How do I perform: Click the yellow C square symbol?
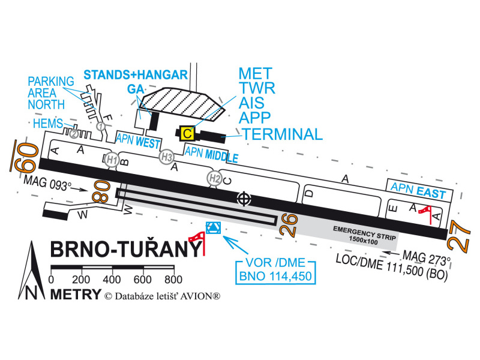(187, 133)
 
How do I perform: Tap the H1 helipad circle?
(112, 160)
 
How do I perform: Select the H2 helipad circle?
(215, 178)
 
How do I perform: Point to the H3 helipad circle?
(167, 157)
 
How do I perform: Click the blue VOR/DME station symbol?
(214, 228)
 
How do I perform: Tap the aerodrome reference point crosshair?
(244, 199)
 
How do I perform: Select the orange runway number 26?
(289, 225)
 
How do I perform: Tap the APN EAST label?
(418, 191)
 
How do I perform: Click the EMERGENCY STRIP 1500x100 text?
(364, 235)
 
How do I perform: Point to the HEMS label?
(48, 124)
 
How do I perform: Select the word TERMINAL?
(282, 134)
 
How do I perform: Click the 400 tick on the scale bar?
(112, 279)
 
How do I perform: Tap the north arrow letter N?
(31, 293)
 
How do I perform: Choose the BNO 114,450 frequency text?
(275, 276)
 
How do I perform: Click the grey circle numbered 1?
(101, 126)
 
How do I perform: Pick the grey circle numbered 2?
(73, 134)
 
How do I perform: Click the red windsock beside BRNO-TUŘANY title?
(197, 242)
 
